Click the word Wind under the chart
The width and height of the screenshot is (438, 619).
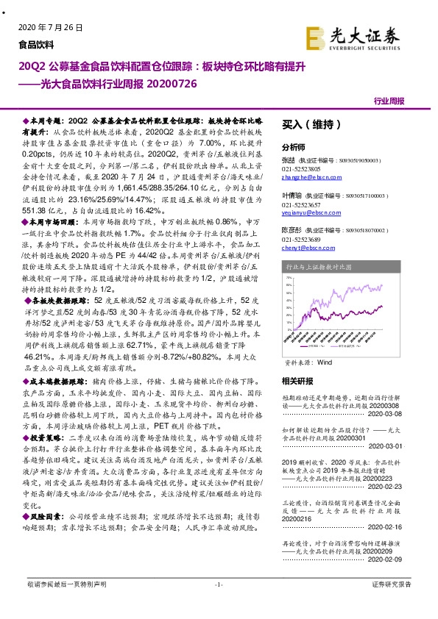tap(325, 363)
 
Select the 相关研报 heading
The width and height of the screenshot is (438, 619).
tap(297, 381)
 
